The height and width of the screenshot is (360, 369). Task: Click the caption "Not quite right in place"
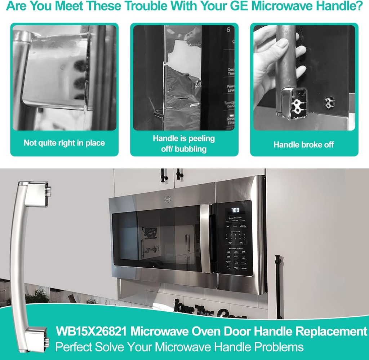[x=64, y=143]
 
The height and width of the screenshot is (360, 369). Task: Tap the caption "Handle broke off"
[x=304, y=145]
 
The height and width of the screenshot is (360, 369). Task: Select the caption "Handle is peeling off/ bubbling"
[x=184, y=143]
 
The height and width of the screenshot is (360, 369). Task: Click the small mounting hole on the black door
[x=328, y=102]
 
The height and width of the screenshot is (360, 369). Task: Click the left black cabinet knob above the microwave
[x=163, y=175]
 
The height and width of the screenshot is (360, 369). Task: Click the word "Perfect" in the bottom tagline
[x=74, y=347]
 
